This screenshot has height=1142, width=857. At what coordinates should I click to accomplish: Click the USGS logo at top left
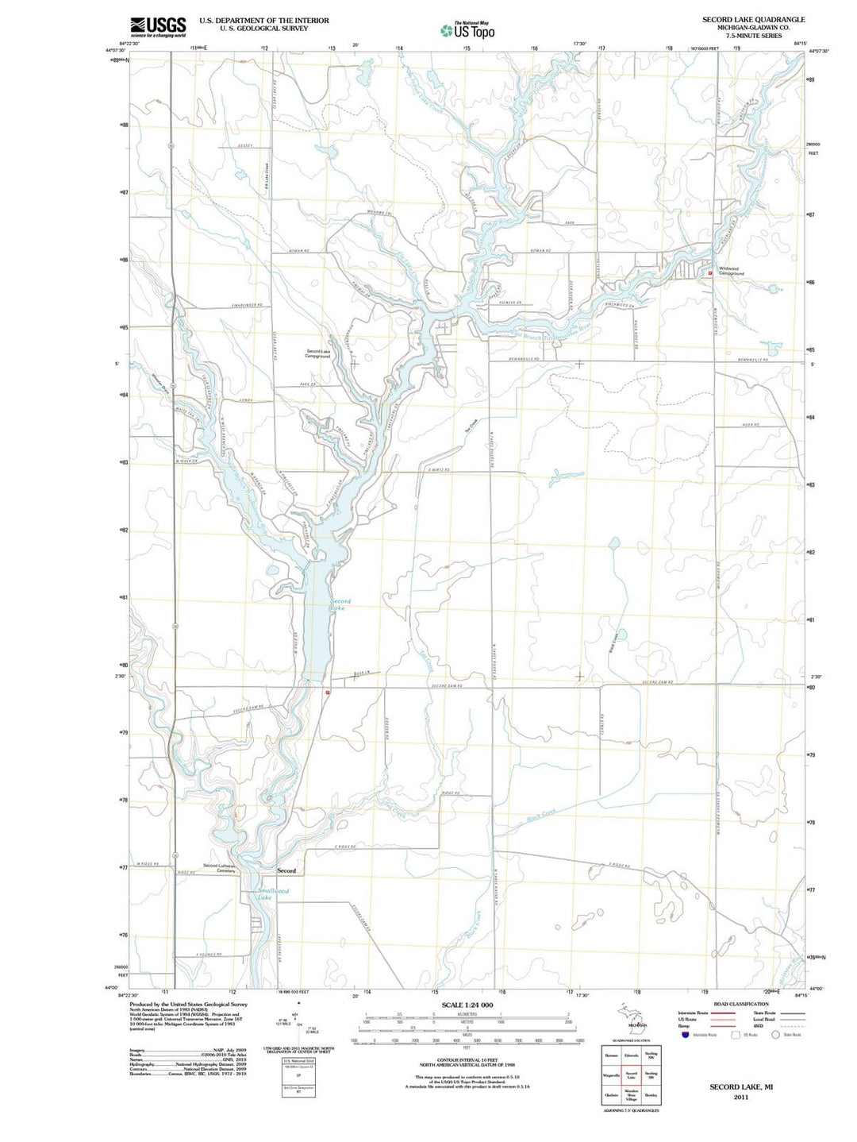158,26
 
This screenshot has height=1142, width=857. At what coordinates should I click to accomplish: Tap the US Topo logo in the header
467,30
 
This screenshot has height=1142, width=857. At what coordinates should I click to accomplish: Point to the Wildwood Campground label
731,271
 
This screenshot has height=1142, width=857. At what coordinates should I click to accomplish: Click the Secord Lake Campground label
318,353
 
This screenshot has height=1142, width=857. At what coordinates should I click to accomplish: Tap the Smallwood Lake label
272,894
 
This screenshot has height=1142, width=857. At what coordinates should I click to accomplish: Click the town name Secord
286,871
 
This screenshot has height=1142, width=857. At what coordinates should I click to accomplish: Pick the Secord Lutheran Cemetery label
219,868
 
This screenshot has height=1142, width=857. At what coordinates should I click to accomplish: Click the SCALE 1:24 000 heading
467,1005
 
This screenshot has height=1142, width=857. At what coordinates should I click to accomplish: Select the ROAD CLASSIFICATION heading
741,1004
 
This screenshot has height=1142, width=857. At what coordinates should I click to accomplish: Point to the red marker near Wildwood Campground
710,273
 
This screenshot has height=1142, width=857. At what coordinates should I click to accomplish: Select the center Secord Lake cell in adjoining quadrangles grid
631,1076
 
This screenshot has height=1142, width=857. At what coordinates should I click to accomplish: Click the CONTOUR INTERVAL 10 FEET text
467,1061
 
